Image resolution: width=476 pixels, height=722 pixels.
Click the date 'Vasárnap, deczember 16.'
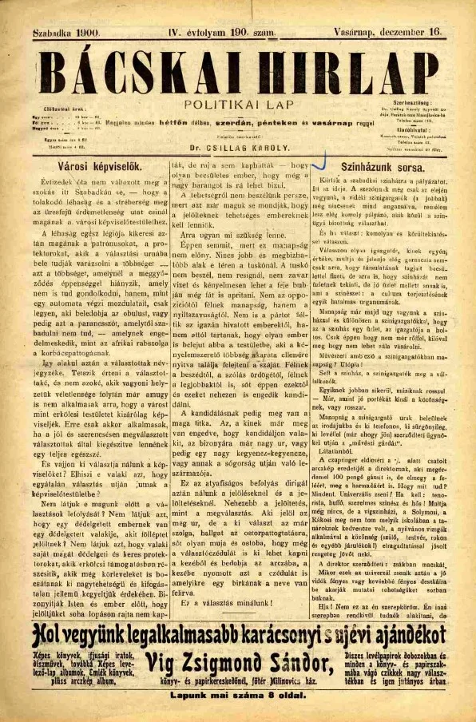coord(392,34)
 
